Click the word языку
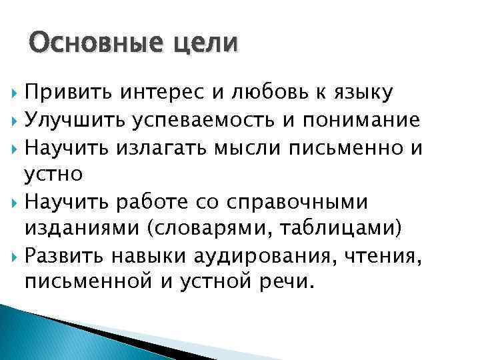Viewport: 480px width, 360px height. point(361,93)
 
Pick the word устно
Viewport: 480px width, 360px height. point(53,175)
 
